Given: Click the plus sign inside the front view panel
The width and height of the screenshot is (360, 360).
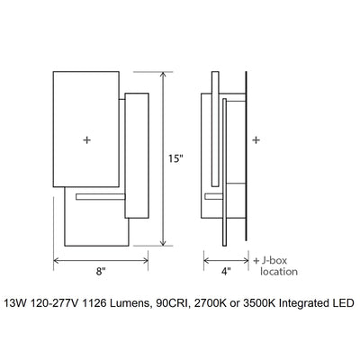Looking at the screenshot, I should click(86, 139).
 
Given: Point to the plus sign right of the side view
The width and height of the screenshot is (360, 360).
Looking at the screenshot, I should click(257, 140).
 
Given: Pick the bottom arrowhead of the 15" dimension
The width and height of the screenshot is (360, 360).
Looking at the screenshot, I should click(162, 245).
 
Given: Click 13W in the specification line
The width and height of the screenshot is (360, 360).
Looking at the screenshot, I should click(16, 304).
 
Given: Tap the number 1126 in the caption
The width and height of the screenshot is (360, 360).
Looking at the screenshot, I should click(107, 304).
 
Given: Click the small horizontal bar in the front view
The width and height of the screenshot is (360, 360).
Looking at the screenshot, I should click(102, 193).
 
